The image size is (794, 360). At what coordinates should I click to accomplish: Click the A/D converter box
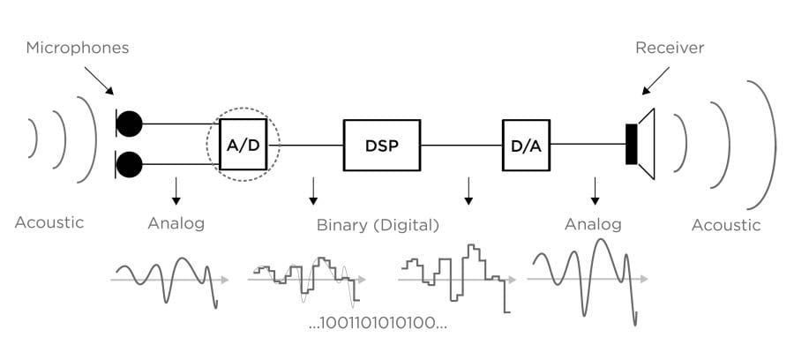click(243, 144)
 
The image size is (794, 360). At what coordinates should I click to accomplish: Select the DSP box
click(382, 144)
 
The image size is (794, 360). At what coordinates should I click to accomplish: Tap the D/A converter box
click(527, 144)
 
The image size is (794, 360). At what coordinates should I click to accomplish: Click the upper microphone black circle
click(130, 124)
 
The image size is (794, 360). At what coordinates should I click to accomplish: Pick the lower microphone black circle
click(130, 164)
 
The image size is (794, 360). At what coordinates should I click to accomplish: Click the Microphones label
click(78, 48)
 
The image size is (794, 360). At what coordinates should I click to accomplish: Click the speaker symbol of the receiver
click(640, 144)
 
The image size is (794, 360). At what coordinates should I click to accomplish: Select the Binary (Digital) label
click(378, 225)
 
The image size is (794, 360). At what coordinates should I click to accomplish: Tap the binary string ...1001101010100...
click(378, 323)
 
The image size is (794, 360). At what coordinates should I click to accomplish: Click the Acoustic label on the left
click(49, 222)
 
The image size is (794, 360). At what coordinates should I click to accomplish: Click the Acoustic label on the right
click(725, 225)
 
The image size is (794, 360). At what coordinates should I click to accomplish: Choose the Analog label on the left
click(176, 223)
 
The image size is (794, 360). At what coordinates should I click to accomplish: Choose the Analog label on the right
click(593, 224)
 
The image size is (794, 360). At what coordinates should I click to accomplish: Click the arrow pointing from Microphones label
click(100, 81)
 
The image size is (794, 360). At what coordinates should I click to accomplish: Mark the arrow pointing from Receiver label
click(655, 81)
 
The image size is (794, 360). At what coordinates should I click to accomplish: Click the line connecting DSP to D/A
click(461, 144)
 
